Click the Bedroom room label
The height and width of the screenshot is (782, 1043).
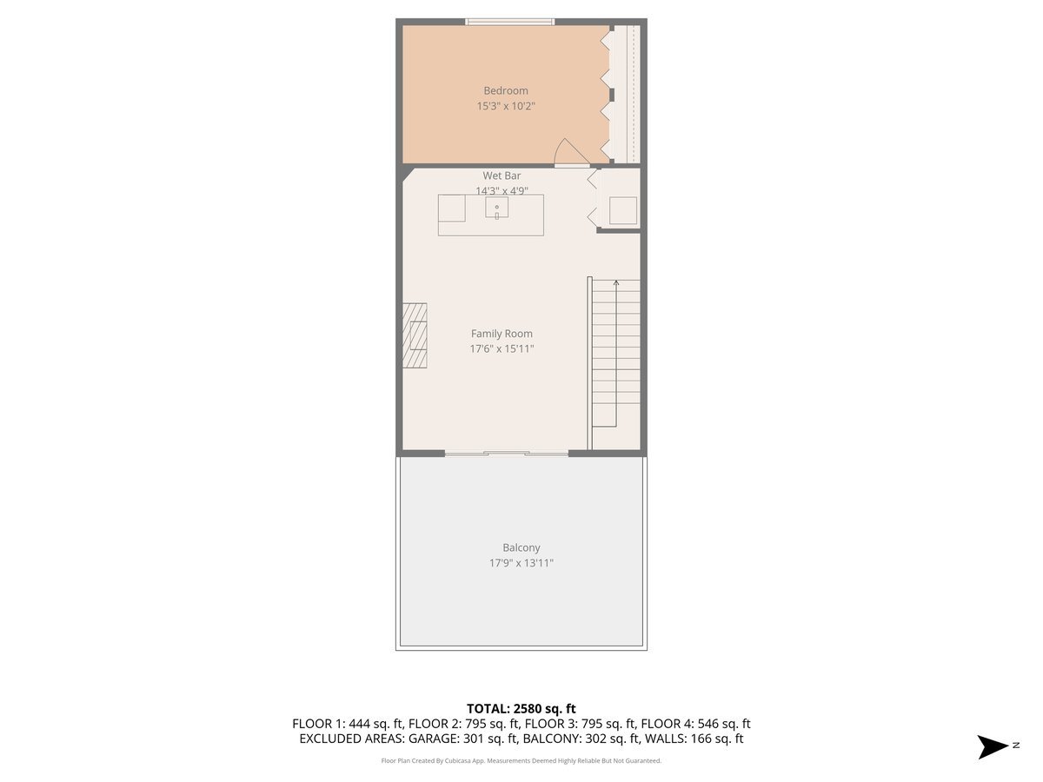pyautogui.click(x=506, y=91)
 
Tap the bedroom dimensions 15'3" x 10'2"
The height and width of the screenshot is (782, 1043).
pyautogui.click(x=506, y=107)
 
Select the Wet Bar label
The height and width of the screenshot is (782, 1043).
pyautogui.click(x=502, y=176)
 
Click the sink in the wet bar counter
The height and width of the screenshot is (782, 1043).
pyautogui.click(x=497, y=208)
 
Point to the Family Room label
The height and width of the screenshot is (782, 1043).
pyautogui.click(x=502, y=334)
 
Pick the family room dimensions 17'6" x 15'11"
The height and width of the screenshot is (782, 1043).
pyautogui.click(x=502, y=349)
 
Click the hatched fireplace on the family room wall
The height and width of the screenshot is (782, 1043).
pyautogui.click(x=415, y=335)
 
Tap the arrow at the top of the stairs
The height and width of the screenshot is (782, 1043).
pyautogui.click(x=616, y=282)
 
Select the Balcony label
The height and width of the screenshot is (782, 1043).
pyautogui.click(x=521, y=548)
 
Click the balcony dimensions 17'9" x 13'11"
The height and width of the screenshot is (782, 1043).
pyautogui.click(x=521, y=564)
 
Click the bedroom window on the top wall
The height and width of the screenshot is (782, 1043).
pyautogui.click(x=509, y=22)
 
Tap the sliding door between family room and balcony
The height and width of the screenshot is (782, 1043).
pyautogui.click(x=507, y=453)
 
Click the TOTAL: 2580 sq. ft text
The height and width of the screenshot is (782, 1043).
pyautogui.click(x=521, y=709)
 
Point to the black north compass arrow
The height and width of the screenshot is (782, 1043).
pyautogui.click(x=993, y=746)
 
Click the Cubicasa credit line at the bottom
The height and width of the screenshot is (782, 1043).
pyautogui.click(x=521, y=761)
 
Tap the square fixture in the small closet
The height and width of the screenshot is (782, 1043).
pyautogui.click(x=622, y=210)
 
